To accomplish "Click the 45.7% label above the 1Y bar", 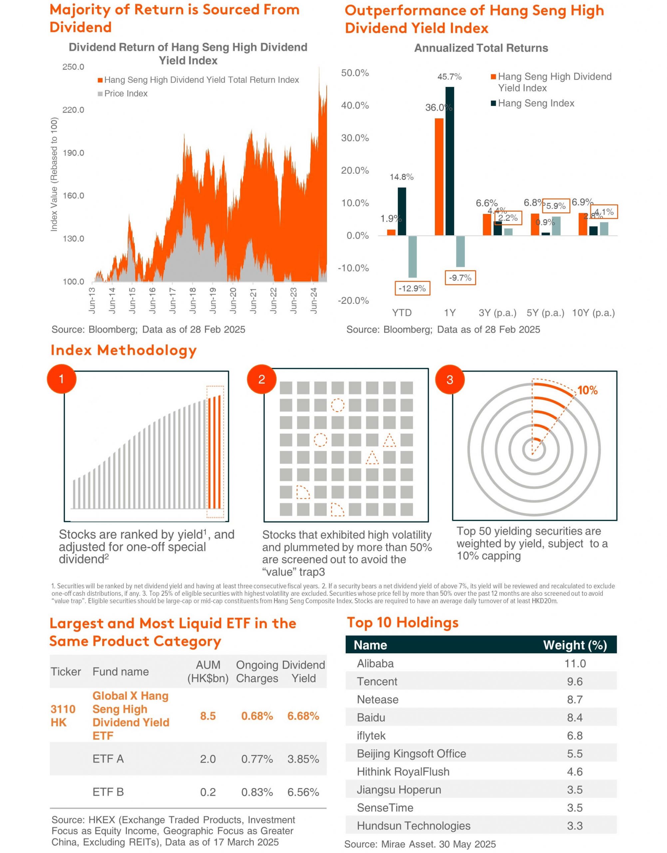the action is click(450, 77).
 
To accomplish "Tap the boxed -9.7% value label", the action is click(460, 278).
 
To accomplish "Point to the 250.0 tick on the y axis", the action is click(73, 67).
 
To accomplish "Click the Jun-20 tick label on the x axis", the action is click(233, 301).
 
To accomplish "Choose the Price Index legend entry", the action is click(123, 94).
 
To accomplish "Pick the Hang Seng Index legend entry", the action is click(533, 103).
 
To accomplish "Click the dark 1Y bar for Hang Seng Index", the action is click(450, 161).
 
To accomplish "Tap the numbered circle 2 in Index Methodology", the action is click(262, 379).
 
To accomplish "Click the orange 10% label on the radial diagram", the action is click(588, 391).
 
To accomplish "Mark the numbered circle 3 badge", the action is click(450, 380).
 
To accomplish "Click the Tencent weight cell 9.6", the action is click(575, 681).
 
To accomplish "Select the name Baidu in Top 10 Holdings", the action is click(371, 717).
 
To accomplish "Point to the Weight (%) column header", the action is click(575, 645).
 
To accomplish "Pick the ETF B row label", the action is click(108, 792).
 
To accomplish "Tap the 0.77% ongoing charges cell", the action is click(257, 759).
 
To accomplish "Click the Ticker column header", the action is click(66, 672).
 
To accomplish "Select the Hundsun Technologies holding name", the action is click(414, 826).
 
